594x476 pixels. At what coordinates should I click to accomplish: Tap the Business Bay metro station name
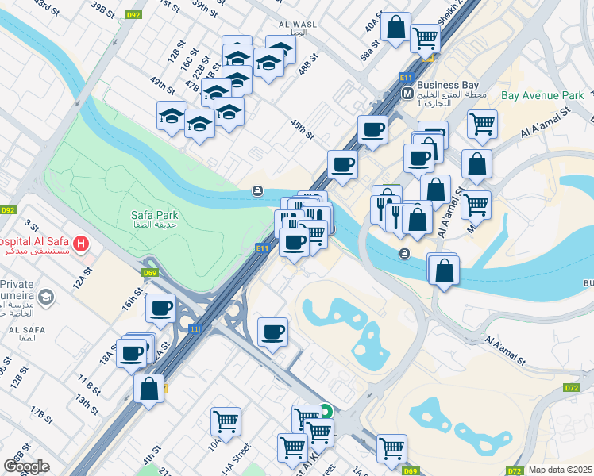[x=447, y=86]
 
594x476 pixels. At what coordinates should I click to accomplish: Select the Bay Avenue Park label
[x=542, y=96]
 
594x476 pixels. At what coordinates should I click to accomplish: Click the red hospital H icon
[x=80, y=242]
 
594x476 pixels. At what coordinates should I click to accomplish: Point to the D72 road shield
[x=571, y=387]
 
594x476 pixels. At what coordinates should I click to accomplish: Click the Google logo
[x=26, y=466]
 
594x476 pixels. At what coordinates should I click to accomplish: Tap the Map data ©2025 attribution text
[x=560, y=470]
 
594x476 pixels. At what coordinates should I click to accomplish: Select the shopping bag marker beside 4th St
[x=148, y=389]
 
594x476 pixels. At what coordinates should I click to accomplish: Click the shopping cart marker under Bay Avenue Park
[x=481, y=124]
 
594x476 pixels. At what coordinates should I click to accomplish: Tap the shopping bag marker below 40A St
[x=395, y=27]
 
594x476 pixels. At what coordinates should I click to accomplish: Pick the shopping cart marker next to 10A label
[x=226, y=421]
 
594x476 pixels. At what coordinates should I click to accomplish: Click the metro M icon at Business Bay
[x=407, y=93]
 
